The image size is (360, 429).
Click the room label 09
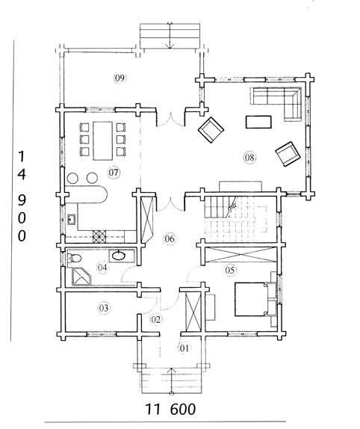(x=120, y=78)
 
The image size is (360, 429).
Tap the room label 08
(x=249, y=157)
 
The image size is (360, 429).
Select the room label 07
(x=114, y=173)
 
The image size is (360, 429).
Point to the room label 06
(x=170, y=238)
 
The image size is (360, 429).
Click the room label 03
(x=104, y=308)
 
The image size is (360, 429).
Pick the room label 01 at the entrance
(x=184, y=348)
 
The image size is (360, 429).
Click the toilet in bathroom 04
(x=75, y=258)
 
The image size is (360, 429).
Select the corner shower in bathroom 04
(x=81, y=277)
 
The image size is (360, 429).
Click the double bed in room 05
(x=252, y=299)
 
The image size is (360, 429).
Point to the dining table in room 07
(x=102, y=141)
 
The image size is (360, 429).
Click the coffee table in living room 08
(x=258, y=122)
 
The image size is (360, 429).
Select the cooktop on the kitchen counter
(x=99, y=237)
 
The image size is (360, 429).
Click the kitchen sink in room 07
(x=72, y=220)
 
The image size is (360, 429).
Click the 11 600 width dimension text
(x=170, y=409)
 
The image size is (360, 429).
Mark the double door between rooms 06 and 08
(x=171, y=204)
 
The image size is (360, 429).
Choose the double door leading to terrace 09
(x=171, y=120)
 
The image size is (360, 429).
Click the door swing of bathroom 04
(x=128, y=274)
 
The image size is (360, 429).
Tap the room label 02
(x=156, y=319)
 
